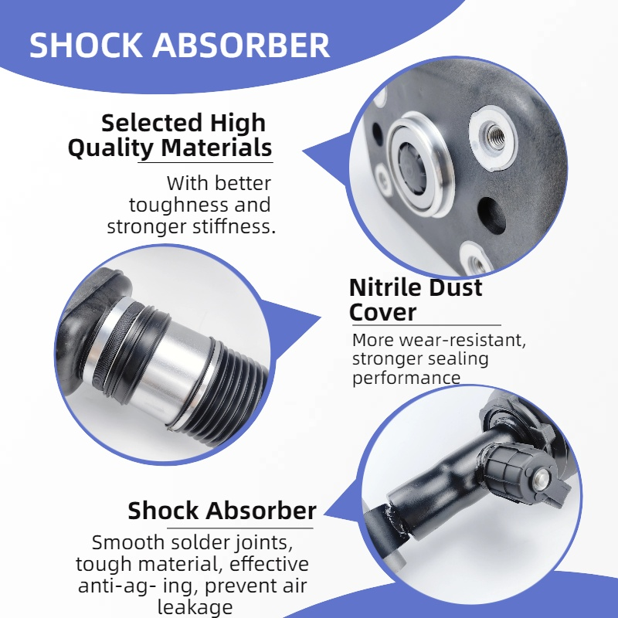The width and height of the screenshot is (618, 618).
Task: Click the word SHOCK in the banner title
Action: pos(86,46)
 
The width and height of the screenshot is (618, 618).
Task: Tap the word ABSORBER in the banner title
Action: pos(241,46)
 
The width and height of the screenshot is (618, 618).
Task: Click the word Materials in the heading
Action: pos(216,148)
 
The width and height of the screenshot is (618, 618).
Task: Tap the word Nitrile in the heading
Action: pos(385,287)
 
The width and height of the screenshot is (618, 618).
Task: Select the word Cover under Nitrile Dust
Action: pos(382,312)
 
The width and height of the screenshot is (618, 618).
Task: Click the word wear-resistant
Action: pos(462,340)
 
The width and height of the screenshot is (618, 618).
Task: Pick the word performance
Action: pos(406,378)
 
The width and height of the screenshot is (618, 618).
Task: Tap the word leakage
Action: pos(195,607)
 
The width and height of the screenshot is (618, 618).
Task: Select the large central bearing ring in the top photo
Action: pos(420,164)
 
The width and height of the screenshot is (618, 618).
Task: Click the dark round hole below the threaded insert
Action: pos(491,216)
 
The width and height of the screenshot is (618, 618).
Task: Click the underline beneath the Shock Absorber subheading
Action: pos(240,528)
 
